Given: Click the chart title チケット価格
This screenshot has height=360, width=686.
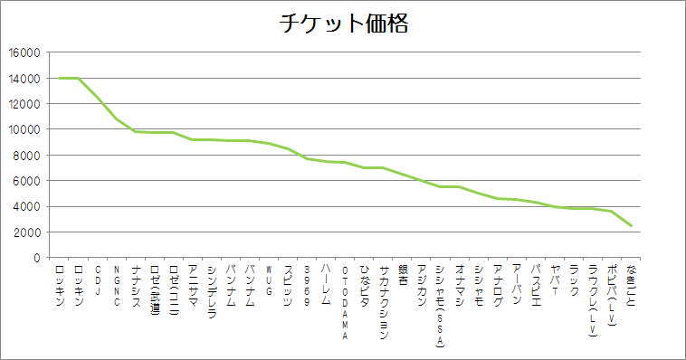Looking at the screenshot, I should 343,24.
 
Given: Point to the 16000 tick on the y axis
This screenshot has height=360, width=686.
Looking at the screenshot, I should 24,52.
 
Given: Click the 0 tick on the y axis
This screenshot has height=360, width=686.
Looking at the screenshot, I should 36,258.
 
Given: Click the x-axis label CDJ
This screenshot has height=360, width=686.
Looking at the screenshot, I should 98,276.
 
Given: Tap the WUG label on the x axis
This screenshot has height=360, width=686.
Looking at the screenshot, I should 269,277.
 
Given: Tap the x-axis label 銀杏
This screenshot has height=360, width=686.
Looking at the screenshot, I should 402,275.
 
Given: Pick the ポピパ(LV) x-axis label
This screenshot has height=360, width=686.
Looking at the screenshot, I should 612,299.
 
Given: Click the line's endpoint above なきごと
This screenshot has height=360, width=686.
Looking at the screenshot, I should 631,225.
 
